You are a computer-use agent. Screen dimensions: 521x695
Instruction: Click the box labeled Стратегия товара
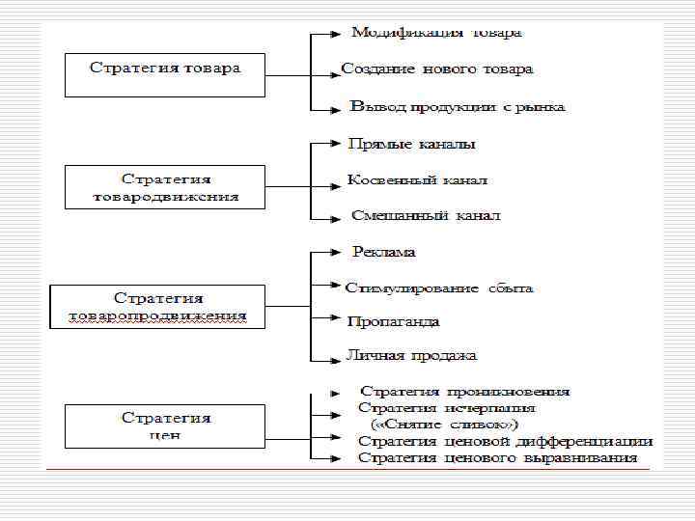coord(165,74)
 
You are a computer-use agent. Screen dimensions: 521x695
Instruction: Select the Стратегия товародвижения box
coord(165,187)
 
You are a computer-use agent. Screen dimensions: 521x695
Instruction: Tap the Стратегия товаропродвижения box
coord(157,307)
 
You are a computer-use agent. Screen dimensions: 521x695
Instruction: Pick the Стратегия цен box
coord(165,426)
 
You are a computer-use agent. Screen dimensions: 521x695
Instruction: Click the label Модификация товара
coord(436,33)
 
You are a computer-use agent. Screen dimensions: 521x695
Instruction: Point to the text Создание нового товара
coord(437,69)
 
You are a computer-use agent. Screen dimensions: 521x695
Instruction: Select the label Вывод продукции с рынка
coord(458,106)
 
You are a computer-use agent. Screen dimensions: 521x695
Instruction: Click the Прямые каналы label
coord(411,145)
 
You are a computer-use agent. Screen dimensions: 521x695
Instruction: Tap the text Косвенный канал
coord(417,180)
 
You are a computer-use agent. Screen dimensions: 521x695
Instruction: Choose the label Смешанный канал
coord(426,216)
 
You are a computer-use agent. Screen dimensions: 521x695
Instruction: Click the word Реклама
coord(384,252)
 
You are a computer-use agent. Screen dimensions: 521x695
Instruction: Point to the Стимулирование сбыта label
coord(439,288)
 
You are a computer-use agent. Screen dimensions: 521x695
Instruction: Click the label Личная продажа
coord(411,356)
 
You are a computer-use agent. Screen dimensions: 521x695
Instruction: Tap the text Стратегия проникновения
coord(464,392)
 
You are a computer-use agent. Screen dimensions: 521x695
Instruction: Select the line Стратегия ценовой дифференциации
coord(505,441)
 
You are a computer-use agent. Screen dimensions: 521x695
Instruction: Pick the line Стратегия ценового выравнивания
coord(497,457)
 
